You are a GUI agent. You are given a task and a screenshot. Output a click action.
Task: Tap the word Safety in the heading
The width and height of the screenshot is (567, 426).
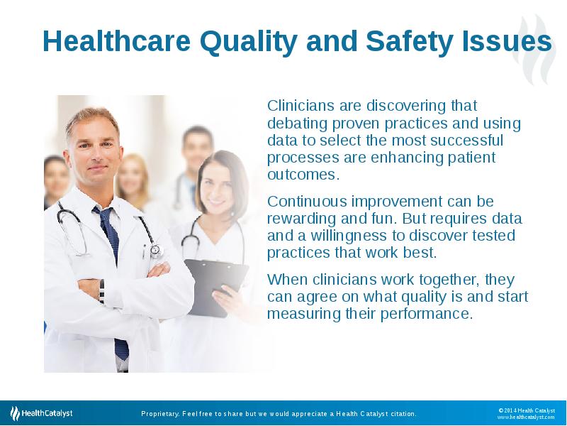coord(410,42)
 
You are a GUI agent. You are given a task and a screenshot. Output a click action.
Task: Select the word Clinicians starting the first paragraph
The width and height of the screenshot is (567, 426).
coord(301,105)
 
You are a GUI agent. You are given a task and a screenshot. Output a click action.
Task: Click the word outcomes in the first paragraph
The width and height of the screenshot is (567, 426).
coord(303,175)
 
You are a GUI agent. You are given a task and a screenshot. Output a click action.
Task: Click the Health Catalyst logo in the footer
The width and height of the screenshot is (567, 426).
coord(41,413)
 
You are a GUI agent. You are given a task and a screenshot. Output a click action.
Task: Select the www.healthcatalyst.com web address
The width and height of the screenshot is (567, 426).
coord(526,417)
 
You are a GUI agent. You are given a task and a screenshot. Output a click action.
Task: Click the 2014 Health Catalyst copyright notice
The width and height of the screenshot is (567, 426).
coord(527,410)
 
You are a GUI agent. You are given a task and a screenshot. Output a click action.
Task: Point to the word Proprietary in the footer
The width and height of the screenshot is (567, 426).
coord(160,414)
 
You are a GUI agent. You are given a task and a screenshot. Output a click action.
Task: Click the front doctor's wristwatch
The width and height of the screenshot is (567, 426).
coord(101,291)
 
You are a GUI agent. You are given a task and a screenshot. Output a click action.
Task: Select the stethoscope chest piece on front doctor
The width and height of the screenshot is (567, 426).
coord(156,250)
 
